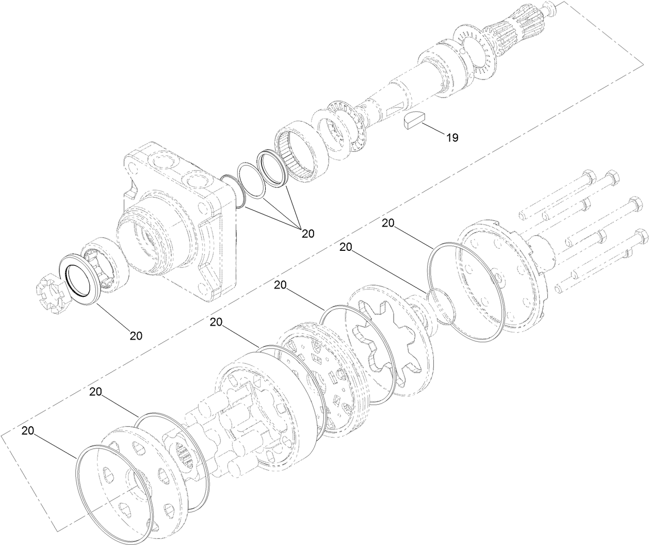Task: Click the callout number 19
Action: (452, 138)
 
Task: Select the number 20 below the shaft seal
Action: (136, 335)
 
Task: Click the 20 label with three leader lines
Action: (308, 233)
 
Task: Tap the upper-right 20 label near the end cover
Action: (387, 222)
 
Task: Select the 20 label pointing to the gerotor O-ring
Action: (280, 284)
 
